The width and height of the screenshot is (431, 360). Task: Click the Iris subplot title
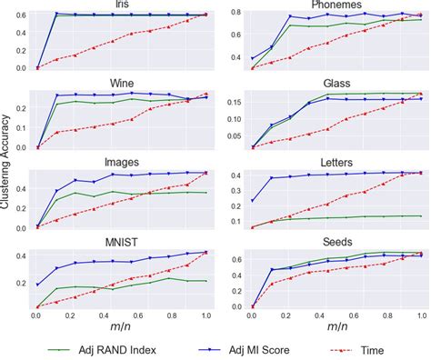[122, 5]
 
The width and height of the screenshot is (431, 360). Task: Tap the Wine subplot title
[122, 83]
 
